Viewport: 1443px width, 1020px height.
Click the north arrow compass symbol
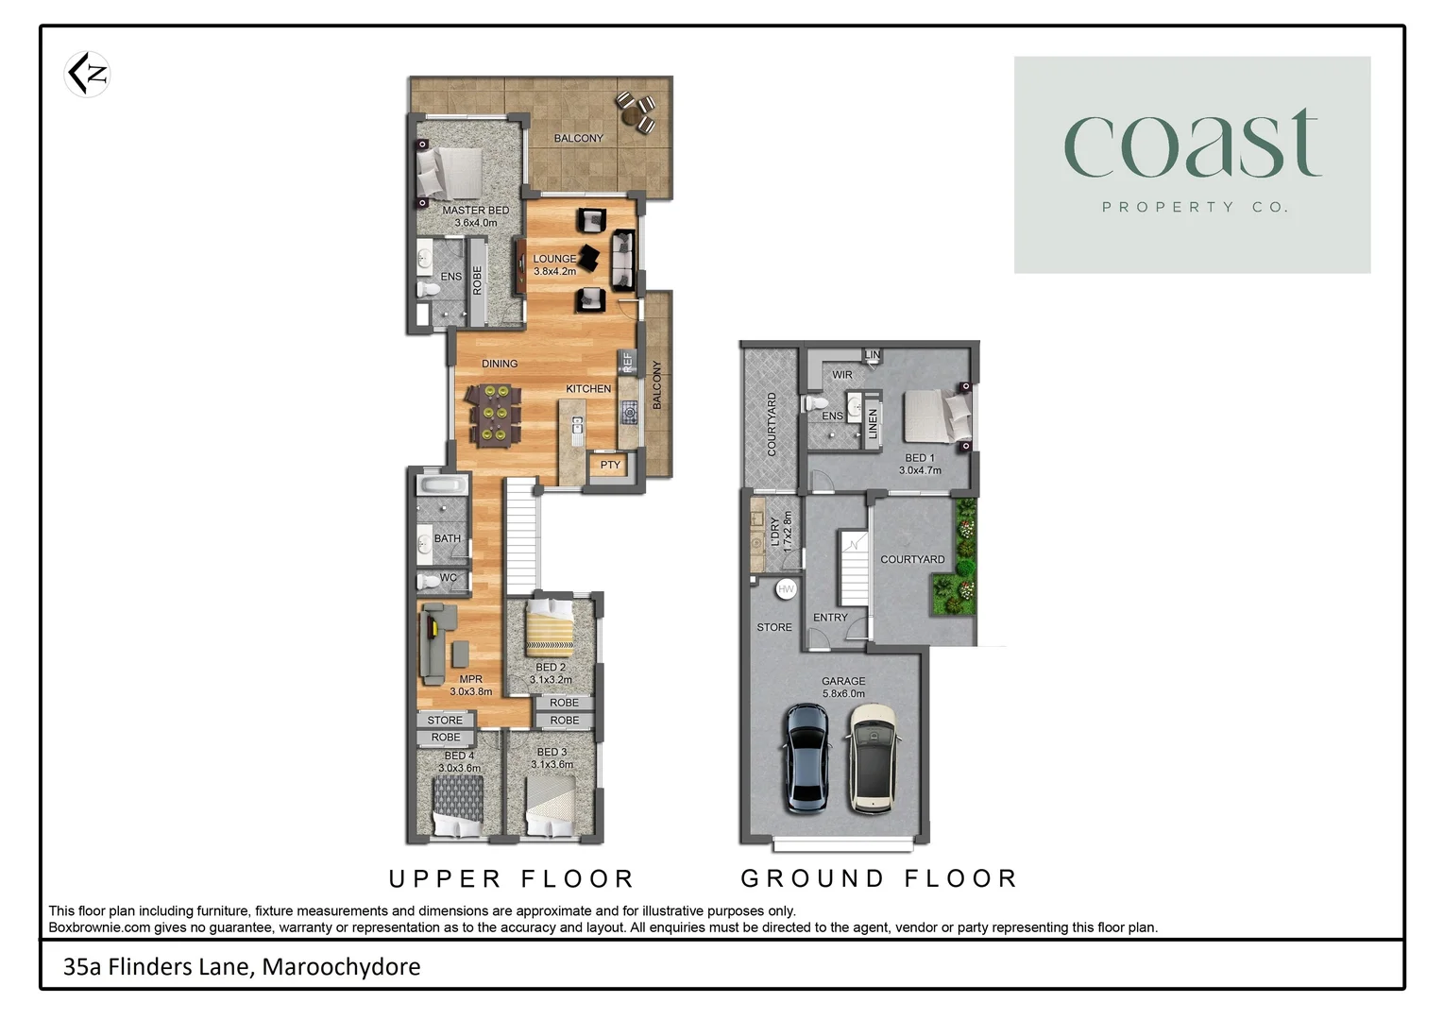click(88, 75)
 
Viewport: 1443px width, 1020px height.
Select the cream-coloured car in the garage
click(873, 758)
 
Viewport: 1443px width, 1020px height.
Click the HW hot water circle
click(786, 588)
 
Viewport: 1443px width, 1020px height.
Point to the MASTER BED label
click(475, 211)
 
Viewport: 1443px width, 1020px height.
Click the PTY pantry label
click(610, 465)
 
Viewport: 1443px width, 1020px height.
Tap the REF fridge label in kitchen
click(626, 363)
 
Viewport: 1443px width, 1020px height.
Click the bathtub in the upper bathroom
click(442, 485)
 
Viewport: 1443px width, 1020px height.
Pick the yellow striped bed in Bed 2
click(550, 628)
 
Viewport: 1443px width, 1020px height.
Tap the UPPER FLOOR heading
click(512, 879)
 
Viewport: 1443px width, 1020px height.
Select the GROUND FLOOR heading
click(879, 879)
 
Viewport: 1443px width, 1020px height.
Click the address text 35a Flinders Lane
click(242, 967)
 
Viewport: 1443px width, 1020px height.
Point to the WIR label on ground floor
click(842, 375)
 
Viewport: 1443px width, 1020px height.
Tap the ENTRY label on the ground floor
click(830, 618)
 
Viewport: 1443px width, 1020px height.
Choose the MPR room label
click(470, 679)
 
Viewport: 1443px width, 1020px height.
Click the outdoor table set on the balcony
click(636, 112)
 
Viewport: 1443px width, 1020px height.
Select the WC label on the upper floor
click(448, 578)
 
